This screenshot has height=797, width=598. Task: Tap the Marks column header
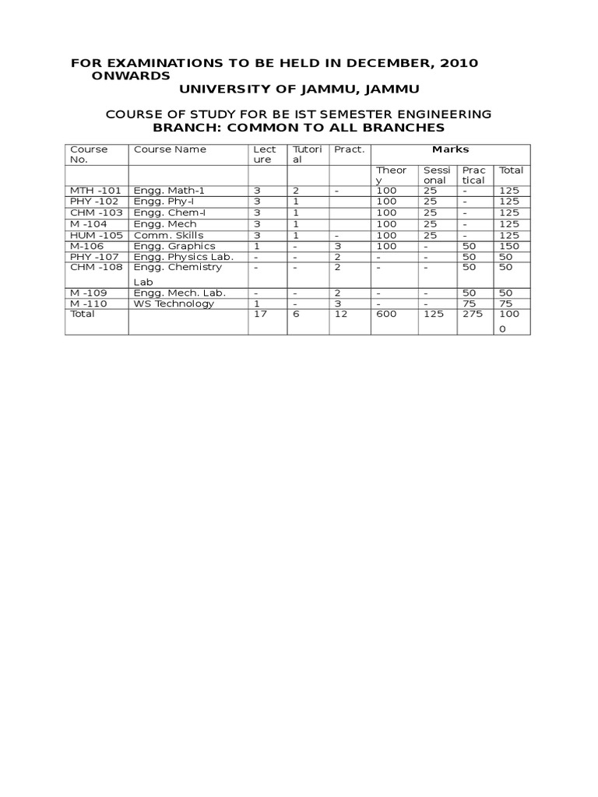(451, 149)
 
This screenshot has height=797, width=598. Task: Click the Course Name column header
(171, 149)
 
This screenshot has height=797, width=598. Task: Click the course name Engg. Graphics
(174, 246)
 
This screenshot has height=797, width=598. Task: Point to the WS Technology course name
(174, 304)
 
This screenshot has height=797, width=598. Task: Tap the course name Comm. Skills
(169, 235)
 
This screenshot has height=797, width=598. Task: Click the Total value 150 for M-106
(509, 246)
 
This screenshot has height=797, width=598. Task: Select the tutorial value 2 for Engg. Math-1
(296, 190)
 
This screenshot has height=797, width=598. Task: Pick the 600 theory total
(386, 314)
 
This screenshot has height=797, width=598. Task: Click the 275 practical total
(473, 314)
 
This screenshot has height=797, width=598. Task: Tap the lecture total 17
(260, 314)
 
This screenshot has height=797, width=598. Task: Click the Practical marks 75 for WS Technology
(469, 304)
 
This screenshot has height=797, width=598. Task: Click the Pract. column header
(349, 149)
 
